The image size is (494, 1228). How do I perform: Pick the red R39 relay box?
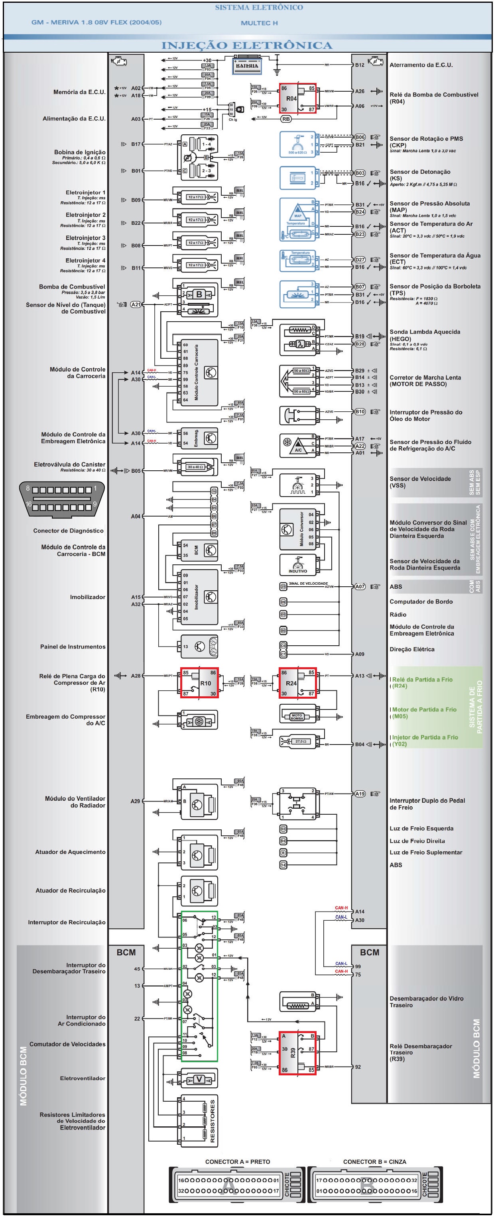click(x=297, y=1053)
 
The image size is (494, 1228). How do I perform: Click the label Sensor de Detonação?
click(x=419, y=172)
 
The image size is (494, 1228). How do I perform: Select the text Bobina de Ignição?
click(x=80, y=152)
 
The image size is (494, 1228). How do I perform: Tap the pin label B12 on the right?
click(x=360, y=65)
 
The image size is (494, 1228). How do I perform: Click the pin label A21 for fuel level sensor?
click(x=136, y=304)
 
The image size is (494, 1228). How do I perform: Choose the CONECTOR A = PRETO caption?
click(x=238, y=1161)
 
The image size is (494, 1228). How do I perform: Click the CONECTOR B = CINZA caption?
click(x=374, y=1161)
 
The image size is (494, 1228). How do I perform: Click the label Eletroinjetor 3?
click(x=85, y=238)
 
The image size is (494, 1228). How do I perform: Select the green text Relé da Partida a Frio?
click(x=422, y=679)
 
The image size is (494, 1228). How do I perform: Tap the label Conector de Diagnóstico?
click(x=68, y=530)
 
